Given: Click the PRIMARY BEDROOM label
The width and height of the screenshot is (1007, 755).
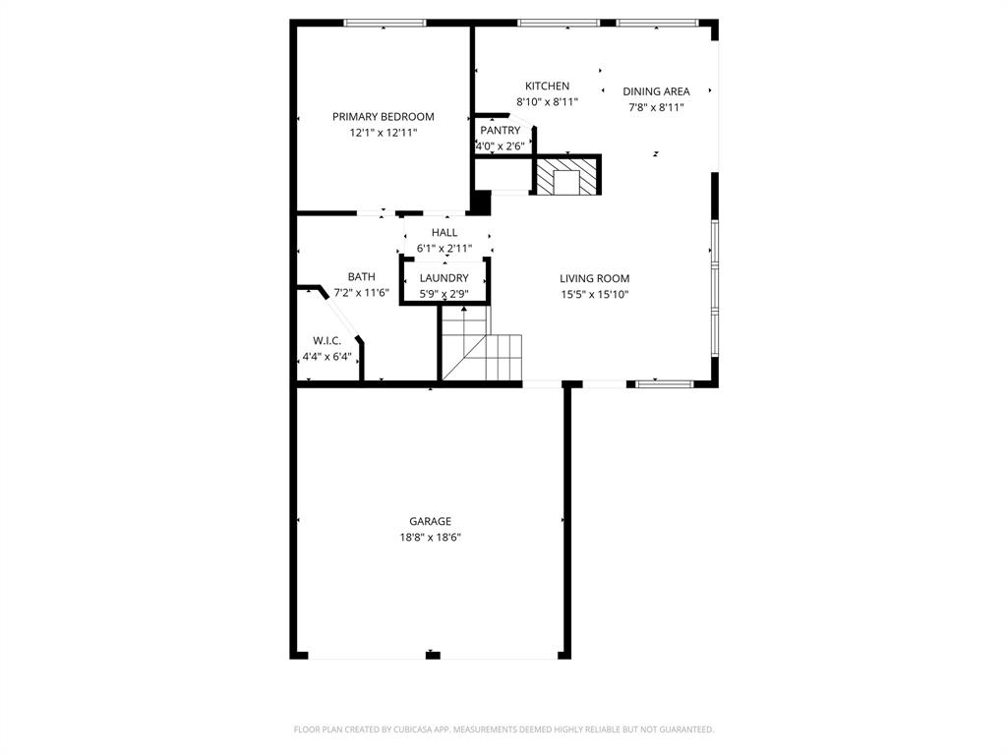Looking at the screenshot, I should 383,116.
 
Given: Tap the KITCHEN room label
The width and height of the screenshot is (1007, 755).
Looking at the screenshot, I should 547,86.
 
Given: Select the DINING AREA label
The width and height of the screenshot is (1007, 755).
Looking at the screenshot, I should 656,91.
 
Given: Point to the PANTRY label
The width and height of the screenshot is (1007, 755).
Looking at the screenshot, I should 500,130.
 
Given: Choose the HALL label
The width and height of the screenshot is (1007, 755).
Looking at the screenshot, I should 444,232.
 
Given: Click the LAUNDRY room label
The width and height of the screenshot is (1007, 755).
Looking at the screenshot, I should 444,278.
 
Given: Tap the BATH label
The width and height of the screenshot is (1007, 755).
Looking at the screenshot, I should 361,277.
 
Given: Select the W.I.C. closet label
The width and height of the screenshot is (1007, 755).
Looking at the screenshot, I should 326,340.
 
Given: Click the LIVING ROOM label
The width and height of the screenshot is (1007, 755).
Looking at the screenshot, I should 594,278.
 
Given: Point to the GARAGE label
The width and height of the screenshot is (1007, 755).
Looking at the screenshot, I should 431,521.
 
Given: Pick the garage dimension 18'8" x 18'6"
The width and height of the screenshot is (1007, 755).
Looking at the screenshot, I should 431,538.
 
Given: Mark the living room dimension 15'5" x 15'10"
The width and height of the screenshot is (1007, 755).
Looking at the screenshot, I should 594,294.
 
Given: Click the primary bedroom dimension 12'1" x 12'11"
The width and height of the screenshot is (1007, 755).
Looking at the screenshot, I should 383,132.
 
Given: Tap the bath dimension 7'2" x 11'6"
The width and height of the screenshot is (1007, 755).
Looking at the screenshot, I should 361,292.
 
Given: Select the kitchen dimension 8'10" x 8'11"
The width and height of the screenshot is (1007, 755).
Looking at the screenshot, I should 547,101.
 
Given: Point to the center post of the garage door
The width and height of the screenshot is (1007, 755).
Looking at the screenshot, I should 433,655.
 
